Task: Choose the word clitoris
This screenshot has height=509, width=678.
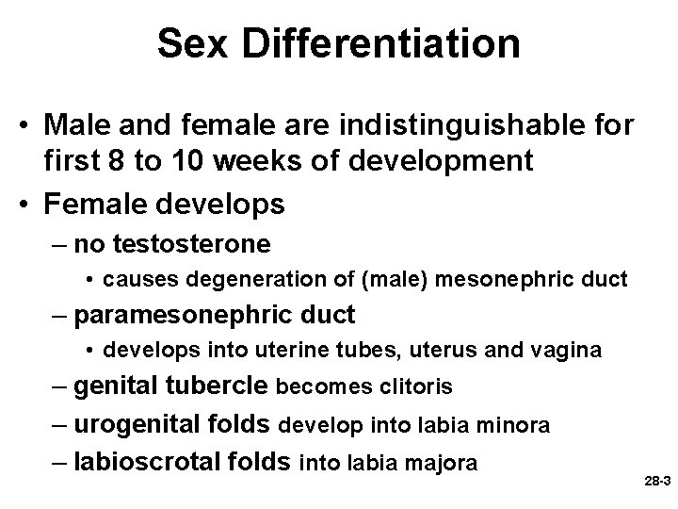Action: [415, 386]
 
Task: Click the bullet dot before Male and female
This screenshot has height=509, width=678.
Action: [32, 125]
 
